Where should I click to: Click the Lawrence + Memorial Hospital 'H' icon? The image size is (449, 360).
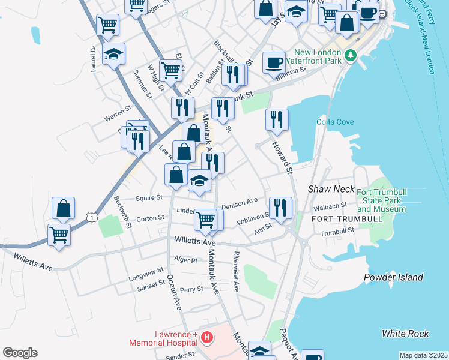[x=206, y=338]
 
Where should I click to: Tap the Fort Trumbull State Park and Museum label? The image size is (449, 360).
[x=381, y=200]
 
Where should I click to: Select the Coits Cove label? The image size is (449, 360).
[x=335, y=122]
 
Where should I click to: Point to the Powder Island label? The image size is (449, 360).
[x=393, y=277]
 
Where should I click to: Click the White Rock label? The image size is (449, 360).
[x=405, y=334]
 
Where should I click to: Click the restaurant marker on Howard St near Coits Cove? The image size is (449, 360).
[x=277, y=119]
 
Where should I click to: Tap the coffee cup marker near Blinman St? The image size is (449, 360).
[x=274, y=62]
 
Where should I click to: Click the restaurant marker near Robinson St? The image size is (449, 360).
[x=280, y=208]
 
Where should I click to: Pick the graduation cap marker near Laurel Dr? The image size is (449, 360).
[x=113, y=54]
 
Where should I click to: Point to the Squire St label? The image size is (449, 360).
[x=149, y=197]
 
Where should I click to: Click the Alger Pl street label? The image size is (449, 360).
[x=185, y=260]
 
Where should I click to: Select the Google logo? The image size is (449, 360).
[x=20, y=353]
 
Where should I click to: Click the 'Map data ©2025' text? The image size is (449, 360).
[x=423, y=355]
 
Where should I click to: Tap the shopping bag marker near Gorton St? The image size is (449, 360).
[x=63, y=208]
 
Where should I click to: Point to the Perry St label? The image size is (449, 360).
[x=191, y=289]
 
